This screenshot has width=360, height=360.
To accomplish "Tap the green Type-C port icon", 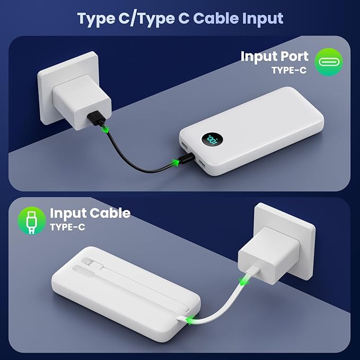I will (329, 62).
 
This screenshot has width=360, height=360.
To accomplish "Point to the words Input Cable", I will (90, 214).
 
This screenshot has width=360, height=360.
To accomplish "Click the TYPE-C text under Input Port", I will (289, 70).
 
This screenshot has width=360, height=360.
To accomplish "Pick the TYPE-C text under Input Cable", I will (67, 227).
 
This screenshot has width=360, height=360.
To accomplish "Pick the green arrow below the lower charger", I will (245, 281).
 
